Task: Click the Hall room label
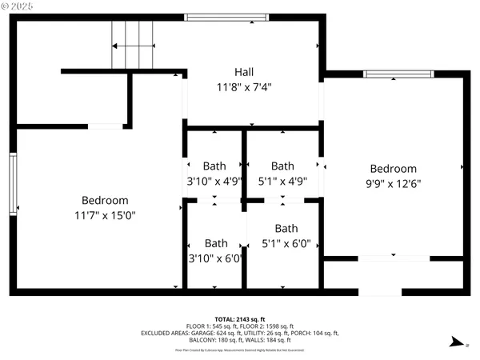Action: click(x=246, y=71)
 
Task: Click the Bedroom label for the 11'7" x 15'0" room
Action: click(x=105, y=200)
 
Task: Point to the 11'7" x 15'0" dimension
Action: click(x=105, y=215)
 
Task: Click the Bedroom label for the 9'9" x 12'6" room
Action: click(x=393, y=169)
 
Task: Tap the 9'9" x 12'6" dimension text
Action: click(x=393, y=183)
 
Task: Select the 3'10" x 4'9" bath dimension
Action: click(x=214, y=181)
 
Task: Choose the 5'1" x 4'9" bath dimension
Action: click(x=283, y=181)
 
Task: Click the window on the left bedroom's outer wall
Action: click(x=13, y=184)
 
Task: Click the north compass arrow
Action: click(x=455, y=342)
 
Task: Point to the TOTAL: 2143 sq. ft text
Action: click(x=240, y=318)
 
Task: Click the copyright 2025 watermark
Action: click(x=25, y=8)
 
